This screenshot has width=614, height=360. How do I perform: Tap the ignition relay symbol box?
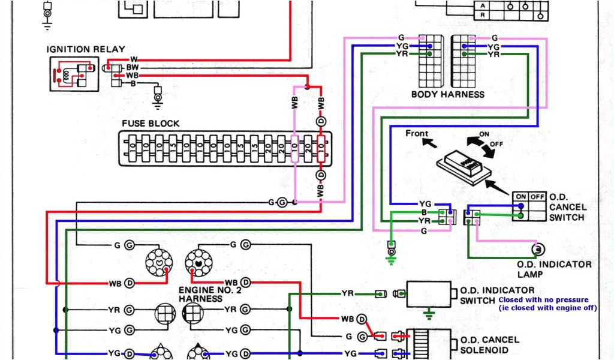click(x=74, y=74)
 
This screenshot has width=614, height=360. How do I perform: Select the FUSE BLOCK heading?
click(x=151, y=123)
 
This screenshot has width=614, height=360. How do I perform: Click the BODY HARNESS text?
click(x=448, y=94)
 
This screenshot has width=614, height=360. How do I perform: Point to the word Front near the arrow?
click(x=417, y=133)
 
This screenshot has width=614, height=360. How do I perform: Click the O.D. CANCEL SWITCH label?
click(x=567, y=207)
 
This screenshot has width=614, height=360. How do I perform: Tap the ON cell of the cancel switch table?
click(x=520, y=196)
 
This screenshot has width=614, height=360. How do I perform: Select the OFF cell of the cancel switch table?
click(x=537, y=196)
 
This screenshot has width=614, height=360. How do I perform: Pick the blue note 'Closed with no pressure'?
click(x=543, y=299)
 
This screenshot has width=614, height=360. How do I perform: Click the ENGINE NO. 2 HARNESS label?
click(x=206, y=293)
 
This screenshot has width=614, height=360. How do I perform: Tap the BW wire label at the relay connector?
click(x=132, y=68)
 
